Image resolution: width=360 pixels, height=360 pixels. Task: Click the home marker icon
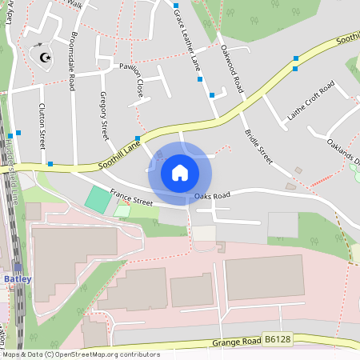180,172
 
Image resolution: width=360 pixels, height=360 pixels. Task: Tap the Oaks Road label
212,195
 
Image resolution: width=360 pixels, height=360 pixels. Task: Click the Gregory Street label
103,115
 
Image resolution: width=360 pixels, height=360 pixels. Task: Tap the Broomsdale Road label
73,61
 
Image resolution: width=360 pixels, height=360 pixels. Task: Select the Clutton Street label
42,125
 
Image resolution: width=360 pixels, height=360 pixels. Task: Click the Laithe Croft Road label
310,104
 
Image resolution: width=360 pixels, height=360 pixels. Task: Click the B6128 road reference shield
277,340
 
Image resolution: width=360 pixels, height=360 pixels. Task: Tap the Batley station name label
18,278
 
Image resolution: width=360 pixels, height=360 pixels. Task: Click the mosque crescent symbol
43,56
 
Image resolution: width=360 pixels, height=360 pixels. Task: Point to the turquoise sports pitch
98,199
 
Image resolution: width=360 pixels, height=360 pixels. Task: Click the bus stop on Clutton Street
50,164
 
